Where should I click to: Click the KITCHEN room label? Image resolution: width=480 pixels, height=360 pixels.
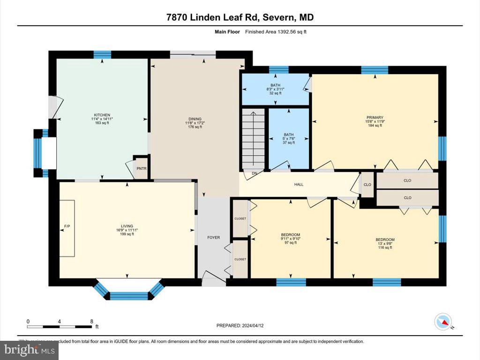point(102,115)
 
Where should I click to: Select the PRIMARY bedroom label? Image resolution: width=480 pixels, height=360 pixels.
point(375,118)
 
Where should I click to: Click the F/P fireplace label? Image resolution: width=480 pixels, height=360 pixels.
point(67,226)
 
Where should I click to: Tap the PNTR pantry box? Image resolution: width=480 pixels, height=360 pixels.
point(141,168)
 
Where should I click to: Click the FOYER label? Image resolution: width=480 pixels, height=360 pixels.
point(213,238)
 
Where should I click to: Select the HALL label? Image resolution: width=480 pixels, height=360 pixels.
point(299,184)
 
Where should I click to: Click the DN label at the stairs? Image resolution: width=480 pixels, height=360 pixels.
point(254,173)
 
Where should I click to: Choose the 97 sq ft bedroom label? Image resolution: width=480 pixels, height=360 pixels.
point(290,238)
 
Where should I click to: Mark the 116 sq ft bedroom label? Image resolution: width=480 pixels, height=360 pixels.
point(385,243)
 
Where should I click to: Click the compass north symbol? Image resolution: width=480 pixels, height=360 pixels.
point(443,321)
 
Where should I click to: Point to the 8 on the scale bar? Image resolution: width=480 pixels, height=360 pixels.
point(91,321)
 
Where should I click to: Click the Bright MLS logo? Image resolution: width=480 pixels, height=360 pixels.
point(29,349)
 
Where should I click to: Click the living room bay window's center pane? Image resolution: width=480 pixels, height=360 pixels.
point(129,296)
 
